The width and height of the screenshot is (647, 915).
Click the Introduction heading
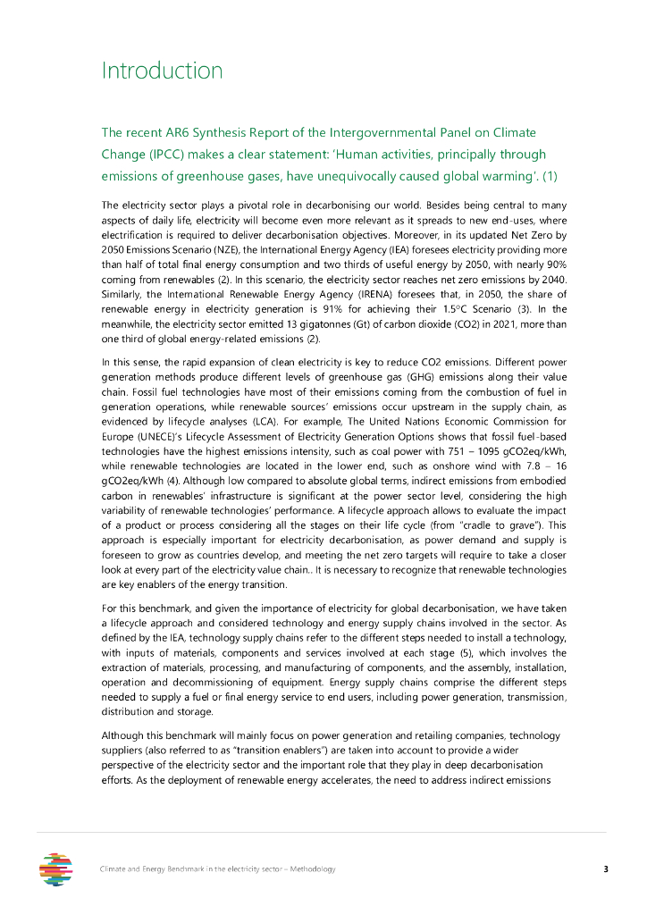(x=162, y=71)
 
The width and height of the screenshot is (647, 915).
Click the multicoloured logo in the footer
(x=56, y=869)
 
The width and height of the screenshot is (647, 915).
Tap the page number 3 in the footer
(x=605, y=869)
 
